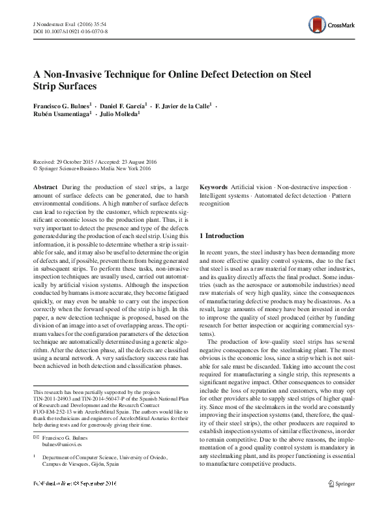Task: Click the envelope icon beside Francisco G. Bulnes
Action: click(35, 434)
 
